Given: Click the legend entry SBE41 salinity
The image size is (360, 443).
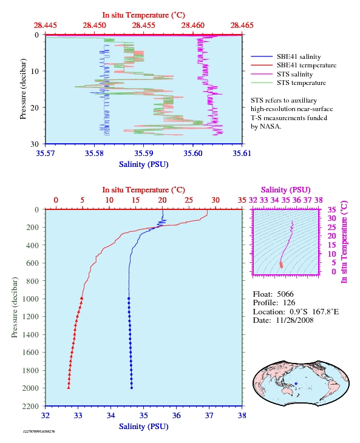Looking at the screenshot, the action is pyautogui.click(x=299, y=57).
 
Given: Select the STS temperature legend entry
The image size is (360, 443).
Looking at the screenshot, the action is pyautogui.click(x=301, y=83).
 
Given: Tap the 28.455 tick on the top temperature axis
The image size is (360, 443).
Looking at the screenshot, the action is pyautogui.click(x=143, y=25).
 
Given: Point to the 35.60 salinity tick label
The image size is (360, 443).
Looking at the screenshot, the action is pyautogui.click(x=193, y=153).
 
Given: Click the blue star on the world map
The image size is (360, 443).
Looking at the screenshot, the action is pyautogui.click(x=296, y=384).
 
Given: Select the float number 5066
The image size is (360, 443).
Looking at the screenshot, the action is pyautogui.click(x=285, y=294).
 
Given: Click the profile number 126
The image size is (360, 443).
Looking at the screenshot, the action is pyautogui.click(x=289, y=303).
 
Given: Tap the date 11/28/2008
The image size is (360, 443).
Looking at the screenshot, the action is pyautogui.click(x=294, y=320).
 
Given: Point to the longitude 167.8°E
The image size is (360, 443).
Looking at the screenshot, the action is pyautogui.click(x=325, y=312).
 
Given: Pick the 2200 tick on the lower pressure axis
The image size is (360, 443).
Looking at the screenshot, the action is pyautogui.click(x=31, y=406).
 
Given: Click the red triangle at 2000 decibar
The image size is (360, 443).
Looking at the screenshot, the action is pyautogui.click(x=69, y=388).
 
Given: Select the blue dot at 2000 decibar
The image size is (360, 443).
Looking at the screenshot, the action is pyautogui.click(x=132, y=388).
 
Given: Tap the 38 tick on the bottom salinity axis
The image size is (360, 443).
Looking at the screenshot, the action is pyautogui.click(x=242, y=416).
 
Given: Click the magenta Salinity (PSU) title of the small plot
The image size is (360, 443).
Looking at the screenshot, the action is pyautogui.click(x=286, y=190).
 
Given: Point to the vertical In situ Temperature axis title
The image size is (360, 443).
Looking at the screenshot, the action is pyautogui.click(x=344, y=242).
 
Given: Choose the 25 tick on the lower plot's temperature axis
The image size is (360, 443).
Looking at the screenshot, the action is pyautogui.click(x=189, y=200).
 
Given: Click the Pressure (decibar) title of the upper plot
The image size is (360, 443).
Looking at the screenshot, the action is pyautogui.click(x=23, y=89).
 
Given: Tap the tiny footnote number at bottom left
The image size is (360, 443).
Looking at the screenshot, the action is pyautogui.click(x=39, y=431).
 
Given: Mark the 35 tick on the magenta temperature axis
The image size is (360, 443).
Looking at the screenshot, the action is pyautogui.click(x=331, y=209).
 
